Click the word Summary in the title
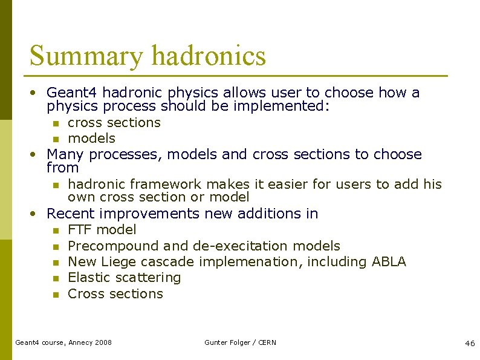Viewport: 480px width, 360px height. point(86,56)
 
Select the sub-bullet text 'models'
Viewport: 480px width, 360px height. point(91,139)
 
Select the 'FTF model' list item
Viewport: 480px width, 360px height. point(102,230)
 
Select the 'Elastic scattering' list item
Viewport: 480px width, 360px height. point(125,278)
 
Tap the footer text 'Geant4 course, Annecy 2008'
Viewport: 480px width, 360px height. point(63,342)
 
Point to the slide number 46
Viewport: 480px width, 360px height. point(470,343)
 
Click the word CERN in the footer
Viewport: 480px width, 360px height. point(267,342)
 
